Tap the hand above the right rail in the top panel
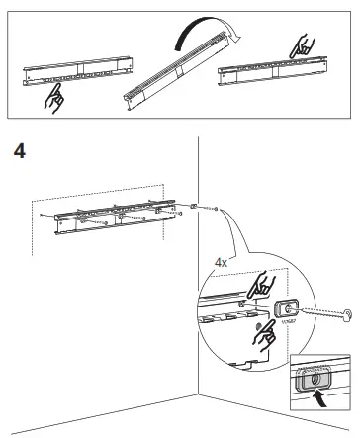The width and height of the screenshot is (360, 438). (x=300, y=44)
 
